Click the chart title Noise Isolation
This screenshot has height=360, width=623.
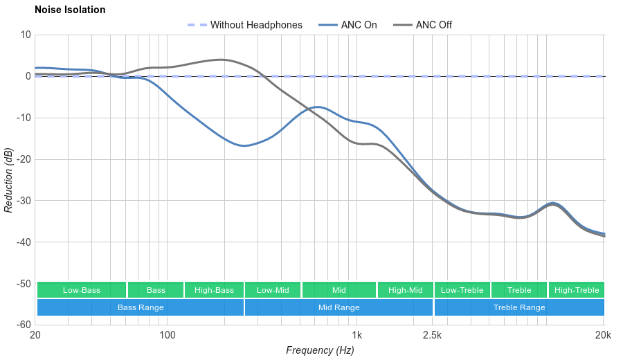(x=70, y=10)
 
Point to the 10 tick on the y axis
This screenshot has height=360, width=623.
(x=26, y=35)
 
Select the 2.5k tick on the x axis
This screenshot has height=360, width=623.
(x=432, y=335)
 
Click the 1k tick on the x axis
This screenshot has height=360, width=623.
(x=356, y=335)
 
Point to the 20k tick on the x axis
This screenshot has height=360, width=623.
(x=603, y=335)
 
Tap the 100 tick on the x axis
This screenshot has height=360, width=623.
(x=168, y=335)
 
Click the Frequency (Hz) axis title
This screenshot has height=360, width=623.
(x=320, y=350)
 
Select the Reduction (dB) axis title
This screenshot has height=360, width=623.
(x=8, y=180)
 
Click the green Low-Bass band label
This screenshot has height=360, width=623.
(x=82, y=290)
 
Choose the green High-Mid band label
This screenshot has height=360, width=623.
(x=405, y=290)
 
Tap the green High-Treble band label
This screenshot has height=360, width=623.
(x=577, y=290)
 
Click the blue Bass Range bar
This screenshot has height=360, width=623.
(x=141, y=307)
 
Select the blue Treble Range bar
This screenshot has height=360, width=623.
(x=519, y=307)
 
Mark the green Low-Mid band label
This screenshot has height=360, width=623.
(x=272, y=290)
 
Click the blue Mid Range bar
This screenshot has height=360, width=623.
(x=338, y=307)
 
